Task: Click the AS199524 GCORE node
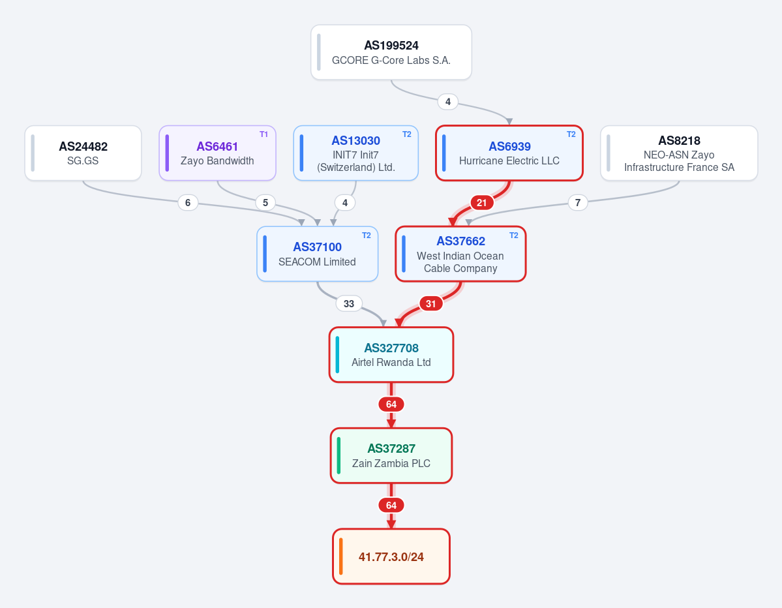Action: [x=391, y=52]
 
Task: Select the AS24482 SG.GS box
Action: [x=83, y=153]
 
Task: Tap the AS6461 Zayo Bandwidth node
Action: [x=217, y=153]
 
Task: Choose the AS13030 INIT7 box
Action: [x=355, y=153]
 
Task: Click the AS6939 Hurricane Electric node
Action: [x=509, y=153]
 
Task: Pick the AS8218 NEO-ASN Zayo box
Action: [x=679, y=153]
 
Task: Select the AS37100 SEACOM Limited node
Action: [x=317, y=254]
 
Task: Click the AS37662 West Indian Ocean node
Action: [x=460, y=254]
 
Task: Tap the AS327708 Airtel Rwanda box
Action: [x=391, y=355]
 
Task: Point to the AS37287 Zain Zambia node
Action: [x=391, y=455]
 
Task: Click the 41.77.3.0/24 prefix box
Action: [x=391, y=556]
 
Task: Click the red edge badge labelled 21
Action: [x=482, y=202]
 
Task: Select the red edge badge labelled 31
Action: [x=431, y=303]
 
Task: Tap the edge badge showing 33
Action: [x=349, y=303]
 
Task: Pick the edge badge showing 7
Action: [x=577, y=202]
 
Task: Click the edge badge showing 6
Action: [x=188, y=202]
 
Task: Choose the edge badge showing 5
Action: [x=265, y=202]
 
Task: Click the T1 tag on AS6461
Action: [x=264, y=134]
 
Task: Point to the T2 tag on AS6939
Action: [x=571, y=134]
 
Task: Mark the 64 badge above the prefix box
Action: [x=391, y=506]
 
